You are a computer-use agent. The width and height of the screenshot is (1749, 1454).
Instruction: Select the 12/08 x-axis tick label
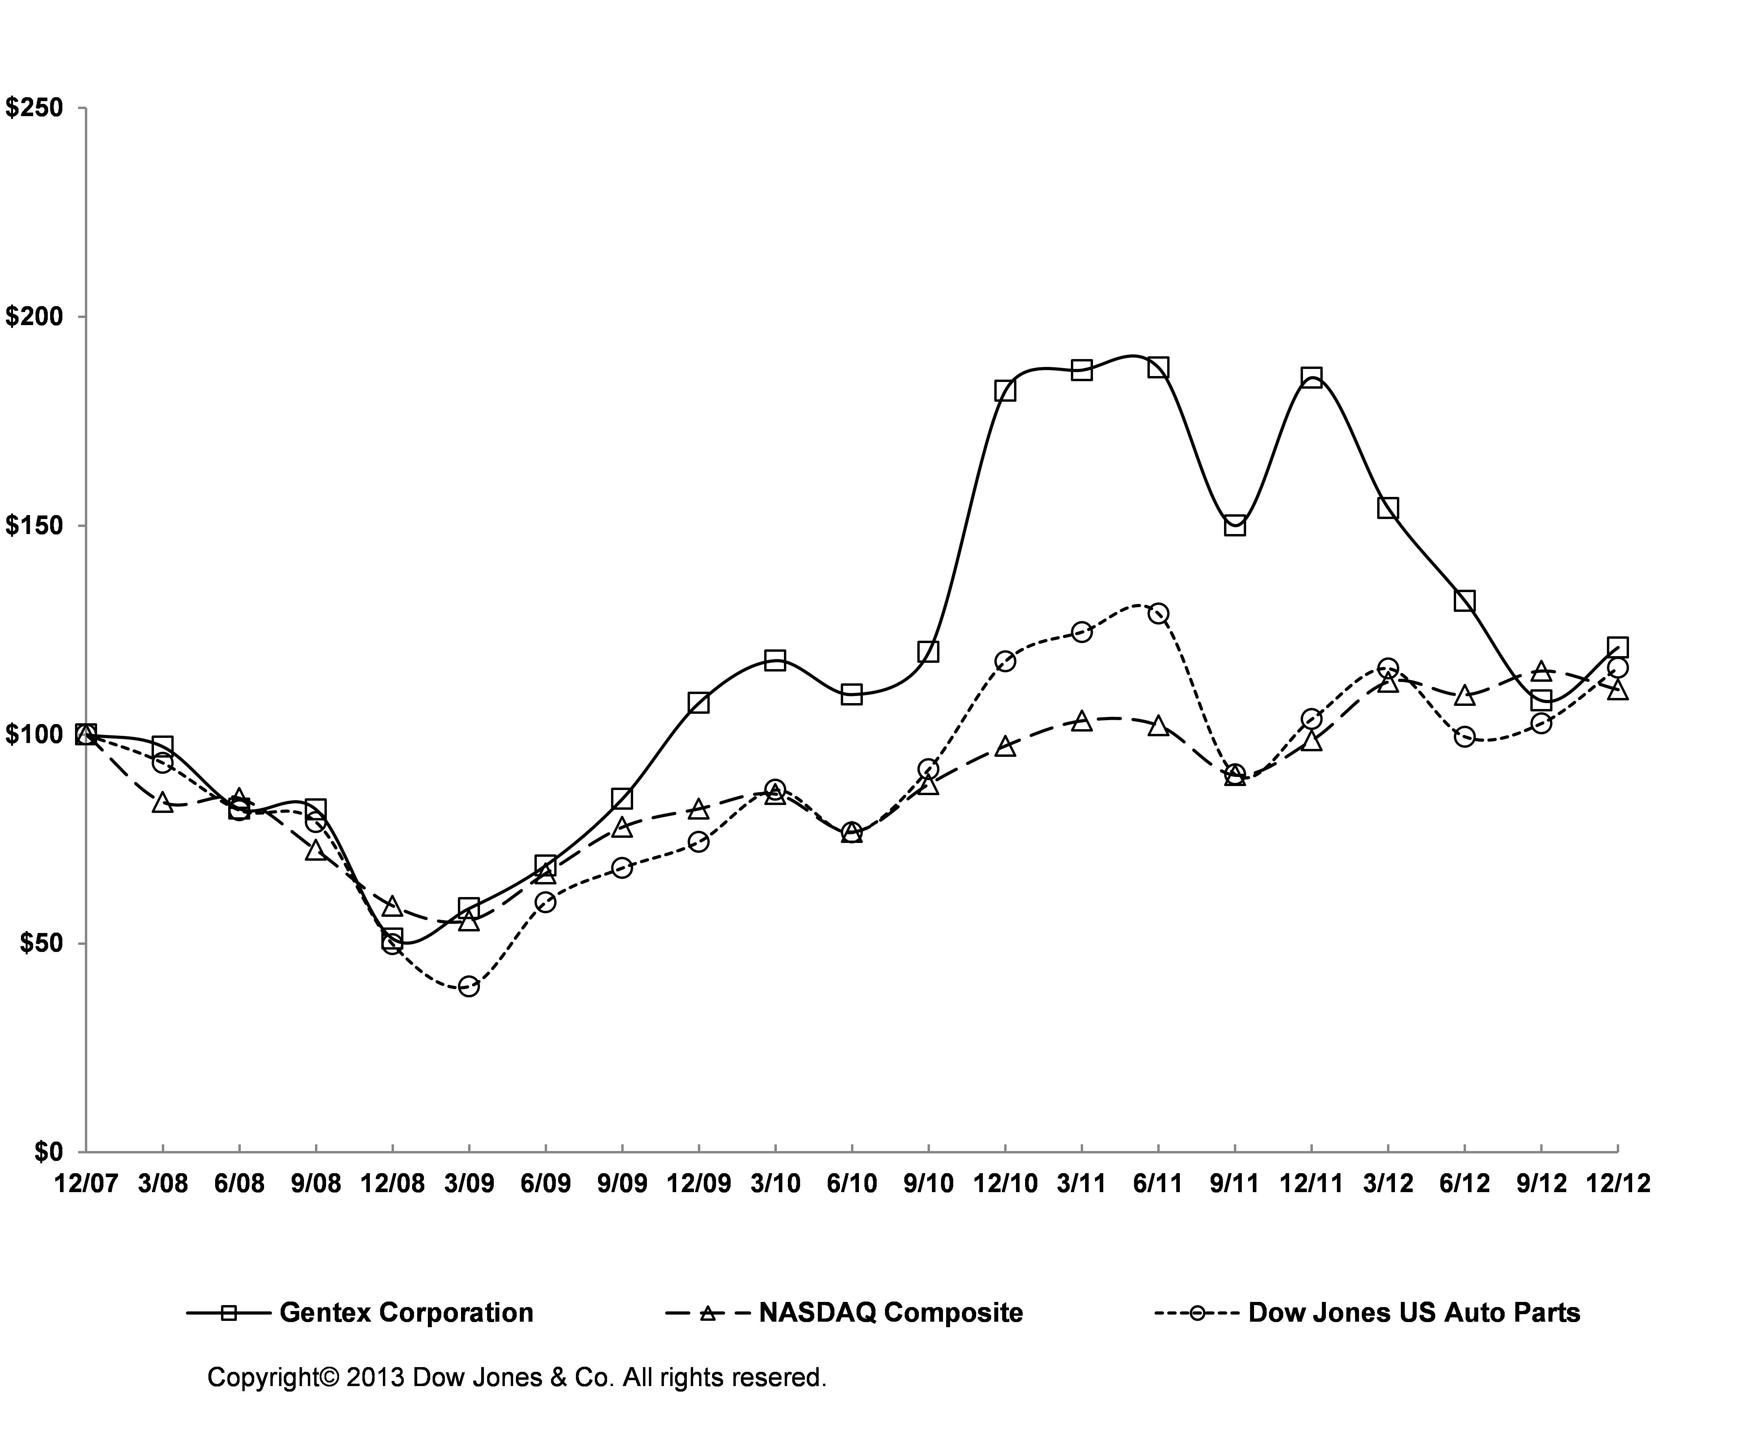(392, 1184)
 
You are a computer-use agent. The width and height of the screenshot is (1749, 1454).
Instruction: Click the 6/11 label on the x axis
(1158, 1184)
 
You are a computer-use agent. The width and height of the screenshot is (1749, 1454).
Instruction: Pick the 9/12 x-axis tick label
(1541, 1184)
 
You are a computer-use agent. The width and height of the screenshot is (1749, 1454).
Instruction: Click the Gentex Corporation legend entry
(406, 1312)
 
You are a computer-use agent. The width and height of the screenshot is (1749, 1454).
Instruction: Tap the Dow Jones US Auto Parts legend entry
(1413, 1312)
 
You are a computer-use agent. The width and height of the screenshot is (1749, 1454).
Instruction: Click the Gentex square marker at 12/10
(1005, 391)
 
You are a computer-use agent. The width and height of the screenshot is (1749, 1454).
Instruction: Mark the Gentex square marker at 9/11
(1235, 526)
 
